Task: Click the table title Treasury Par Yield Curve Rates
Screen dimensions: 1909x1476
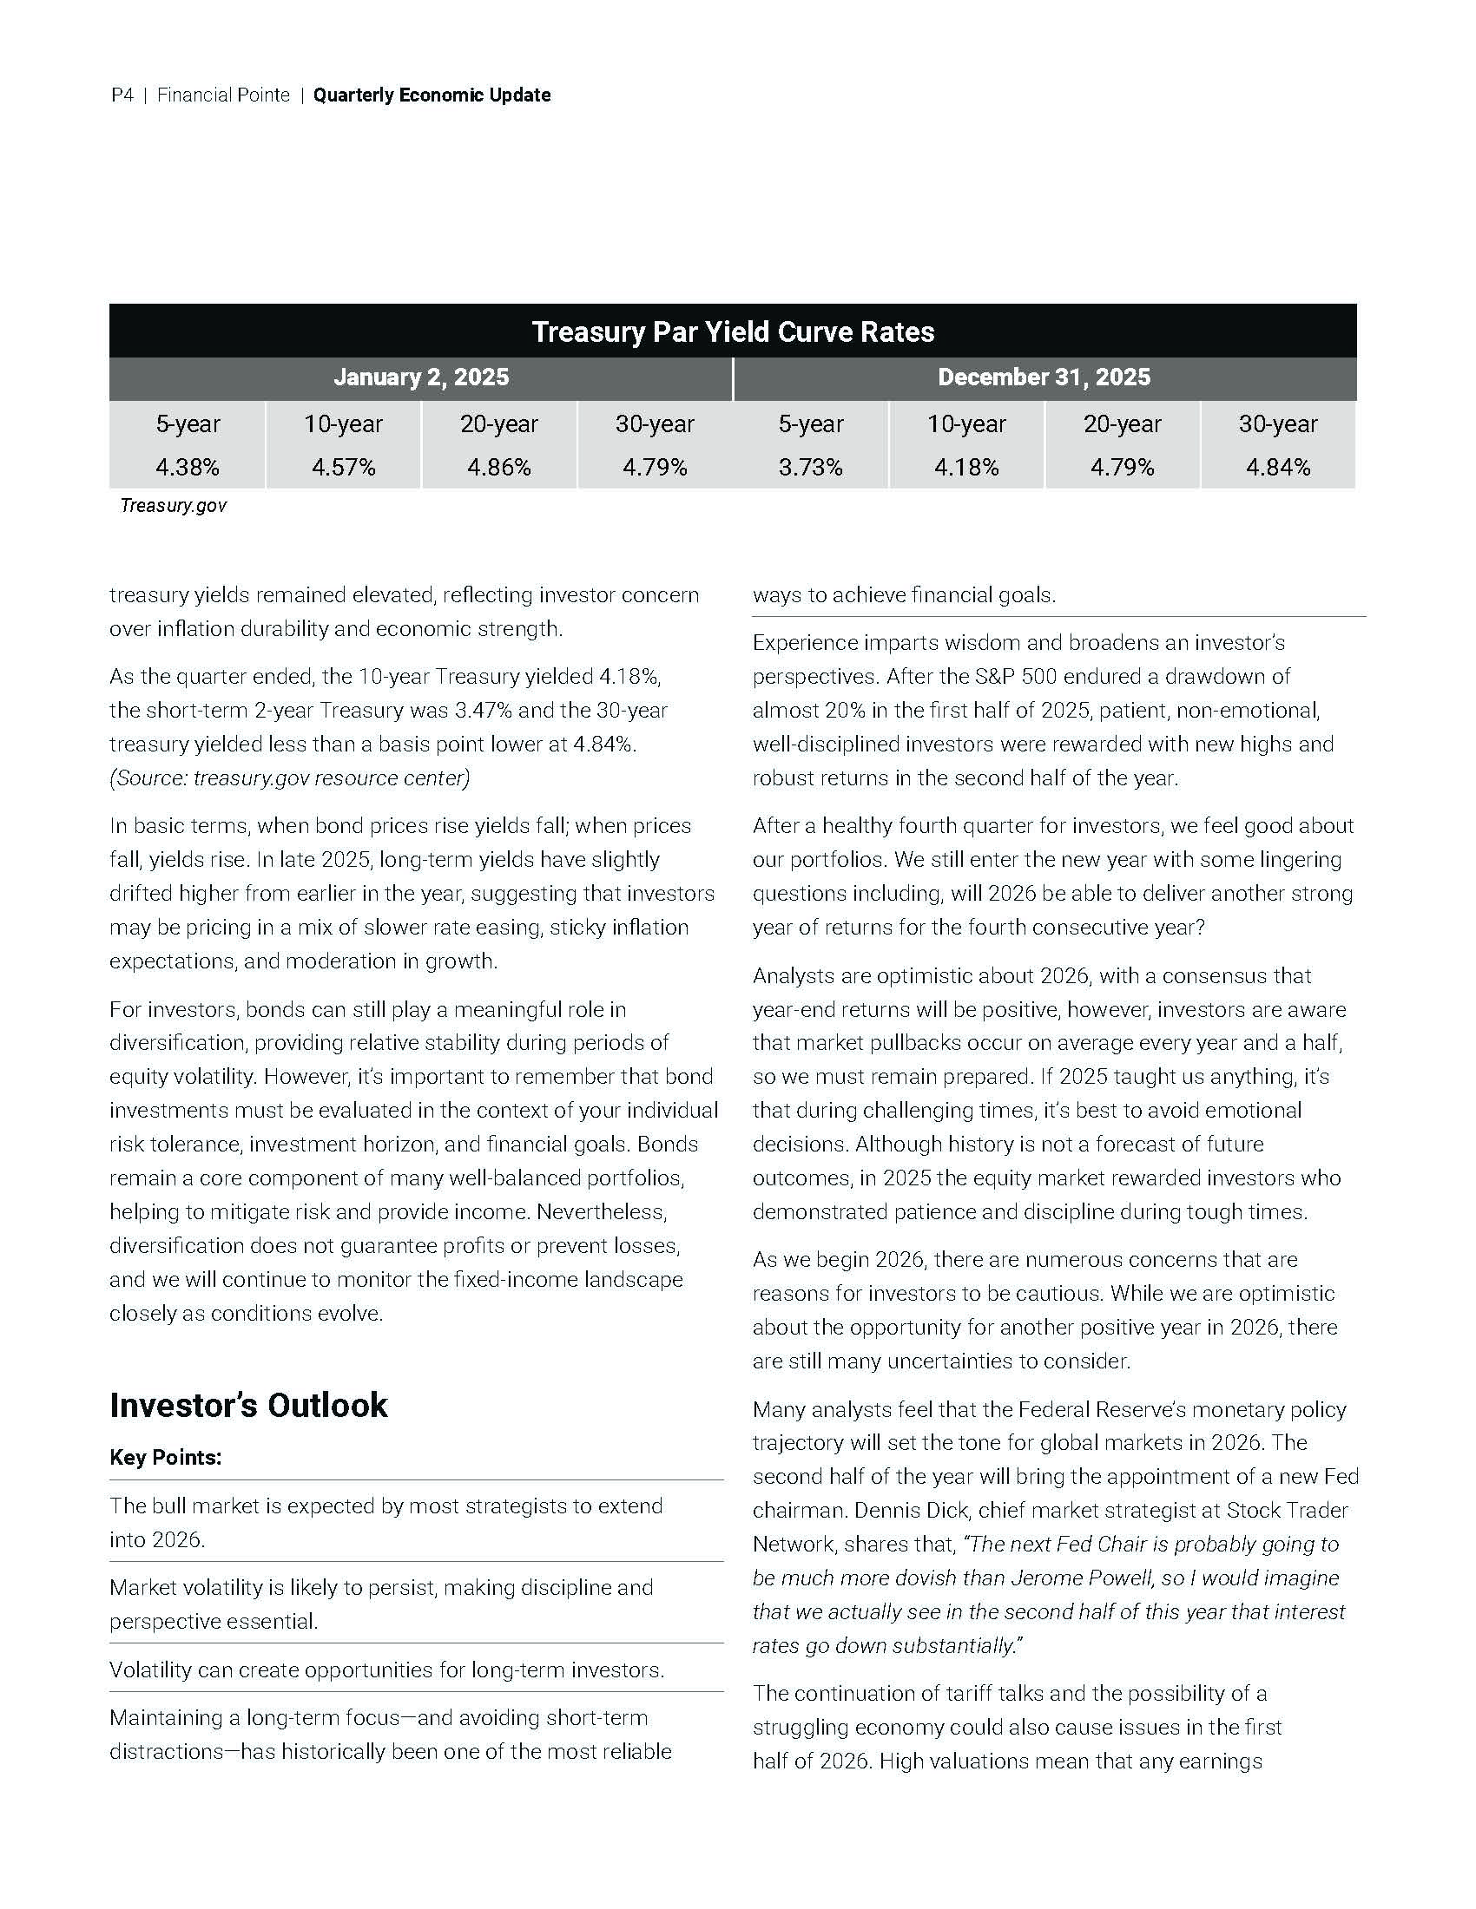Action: (733, 331)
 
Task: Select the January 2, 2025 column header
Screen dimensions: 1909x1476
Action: (420, 377)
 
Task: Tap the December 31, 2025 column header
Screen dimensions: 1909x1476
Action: (1044, 377)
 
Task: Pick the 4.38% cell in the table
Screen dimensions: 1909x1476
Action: (188, 468)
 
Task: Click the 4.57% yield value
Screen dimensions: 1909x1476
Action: (344, 468)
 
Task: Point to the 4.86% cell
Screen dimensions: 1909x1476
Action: (499, 468)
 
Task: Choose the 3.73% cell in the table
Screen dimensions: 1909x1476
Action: (811, 468)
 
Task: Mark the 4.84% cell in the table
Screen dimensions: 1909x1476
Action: (1277, 468)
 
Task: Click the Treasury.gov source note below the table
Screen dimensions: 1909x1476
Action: (173, 505)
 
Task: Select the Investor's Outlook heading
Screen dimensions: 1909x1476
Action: (248, 1405)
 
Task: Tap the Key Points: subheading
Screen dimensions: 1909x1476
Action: (165, 1457)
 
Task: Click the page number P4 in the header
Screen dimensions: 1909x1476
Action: (122, 95)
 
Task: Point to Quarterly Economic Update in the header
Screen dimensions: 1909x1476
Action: (432, 95)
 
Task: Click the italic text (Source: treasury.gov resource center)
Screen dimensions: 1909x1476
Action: (289, 778)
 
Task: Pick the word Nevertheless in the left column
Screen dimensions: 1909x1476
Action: (602, 1211)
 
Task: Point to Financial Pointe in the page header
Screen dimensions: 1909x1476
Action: (223, 95)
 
